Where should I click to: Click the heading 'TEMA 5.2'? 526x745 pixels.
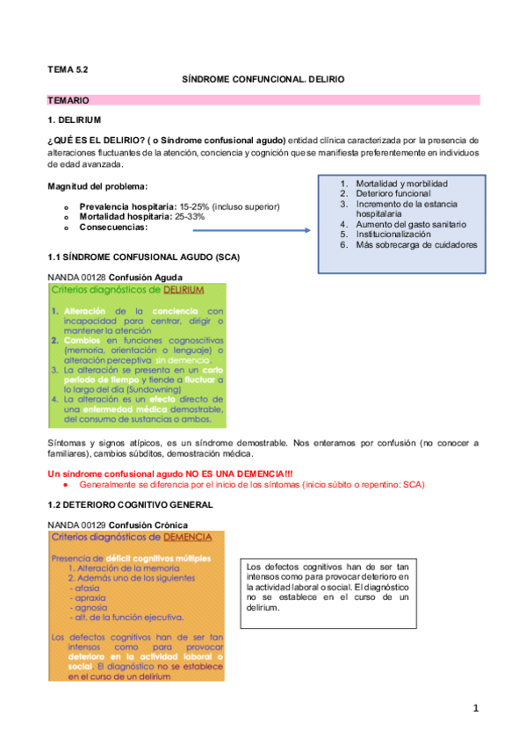(x=68, y=67)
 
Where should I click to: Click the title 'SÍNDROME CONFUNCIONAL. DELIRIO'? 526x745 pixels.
(x=263, y=79)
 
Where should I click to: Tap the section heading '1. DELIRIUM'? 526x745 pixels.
(x=75, y=119)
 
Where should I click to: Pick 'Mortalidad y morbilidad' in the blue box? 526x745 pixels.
(x=401, y=183)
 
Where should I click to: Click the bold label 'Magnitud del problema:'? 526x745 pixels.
(x=97, y=185)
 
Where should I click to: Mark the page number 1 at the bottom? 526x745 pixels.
(x=475, y=708)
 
